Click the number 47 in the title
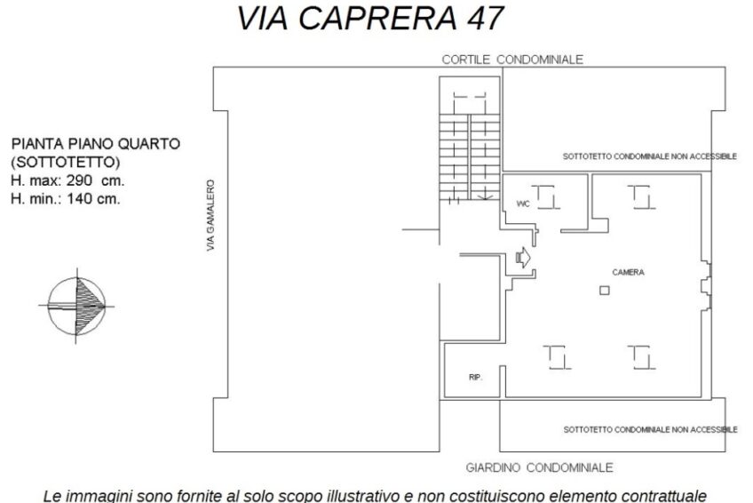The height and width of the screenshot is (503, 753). click(484, 18)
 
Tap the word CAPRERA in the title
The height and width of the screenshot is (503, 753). click(377, 18)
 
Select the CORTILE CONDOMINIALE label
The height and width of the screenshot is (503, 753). click(512, 60)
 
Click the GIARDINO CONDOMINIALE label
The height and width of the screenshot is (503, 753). click(539, 467)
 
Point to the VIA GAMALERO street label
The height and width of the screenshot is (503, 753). click(210, 215)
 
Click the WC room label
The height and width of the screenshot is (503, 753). click(523, 204)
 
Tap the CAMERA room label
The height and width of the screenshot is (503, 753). click(628, 273)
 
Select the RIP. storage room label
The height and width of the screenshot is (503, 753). click(475, 378)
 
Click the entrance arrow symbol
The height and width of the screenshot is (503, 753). click(523, 257)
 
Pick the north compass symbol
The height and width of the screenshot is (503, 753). click(76, 306)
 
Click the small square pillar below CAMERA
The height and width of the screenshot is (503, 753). click(605, 291)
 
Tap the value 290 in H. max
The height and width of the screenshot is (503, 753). click(79, 180)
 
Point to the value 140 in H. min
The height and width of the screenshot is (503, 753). click(80, 198)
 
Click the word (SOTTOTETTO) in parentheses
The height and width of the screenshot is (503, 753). click(66, 163)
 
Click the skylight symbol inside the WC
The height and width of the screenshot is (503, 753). click(546, 197)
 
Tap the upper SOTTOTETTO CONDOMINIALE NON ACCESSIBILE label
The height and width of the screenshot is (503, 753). click(650, 156)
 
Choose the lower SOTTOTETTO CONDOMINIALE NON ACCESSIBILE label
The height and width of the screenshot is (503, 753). click(650, 429)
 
